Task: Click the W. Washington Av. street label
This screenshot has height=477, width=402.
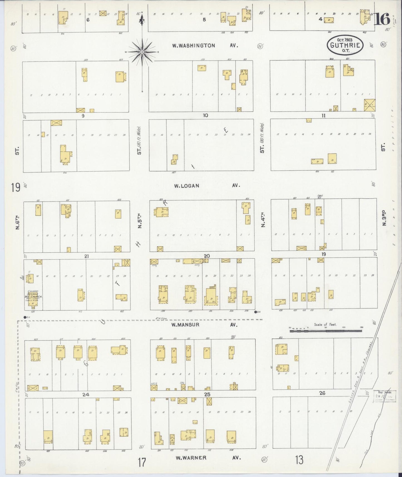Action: [205, 46]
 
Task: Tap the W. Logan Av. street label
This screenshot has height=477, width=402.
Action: [207, 186]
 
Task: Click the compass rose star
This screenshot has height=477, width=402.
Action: [142, 52]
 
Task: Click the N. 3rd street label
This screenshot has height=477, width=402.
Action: [384, 219]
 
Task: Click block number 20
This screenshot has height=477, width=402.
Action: [206, 256]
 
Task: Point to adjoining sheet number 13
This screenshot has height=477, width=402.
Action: [299, 460]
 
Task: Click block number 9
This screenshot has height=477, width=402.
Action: [83, 115]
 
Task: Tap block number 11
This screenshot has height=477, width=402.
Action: [323, 115]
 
